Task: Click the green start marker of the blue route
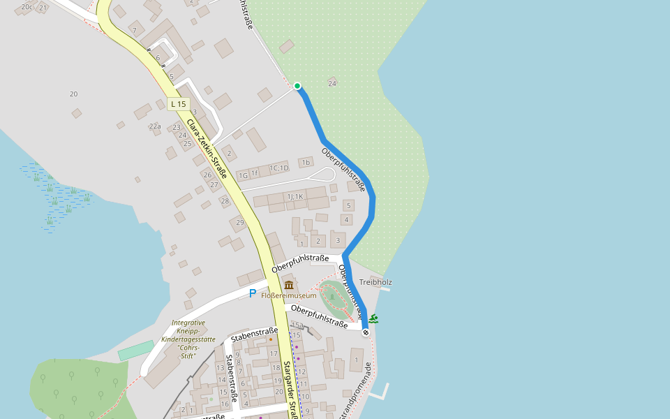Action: (297, 86)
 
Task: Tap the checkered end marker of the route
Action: (365, 332)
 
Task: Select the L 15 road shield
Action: (179, 104)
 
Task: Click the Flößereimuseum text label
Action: (289, 295)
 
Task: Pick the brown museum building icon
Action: (289, 284)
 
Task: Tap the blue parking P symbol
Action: (253, 293)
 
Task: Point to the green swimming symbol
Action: (374, 319)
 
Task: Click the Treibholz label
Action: (375, 282)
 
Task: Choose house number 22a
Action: (155, 126)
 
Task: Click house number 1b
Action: (305, 163)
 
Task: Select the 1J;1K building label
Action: (295, 197)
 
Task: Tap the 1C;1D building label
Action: (279, 168)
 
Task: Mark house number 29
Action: (240, 223)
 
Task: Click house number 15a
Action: (297, 325)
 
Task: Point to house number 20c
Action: (27, 7)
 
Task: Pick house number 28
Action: (225, 201)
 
